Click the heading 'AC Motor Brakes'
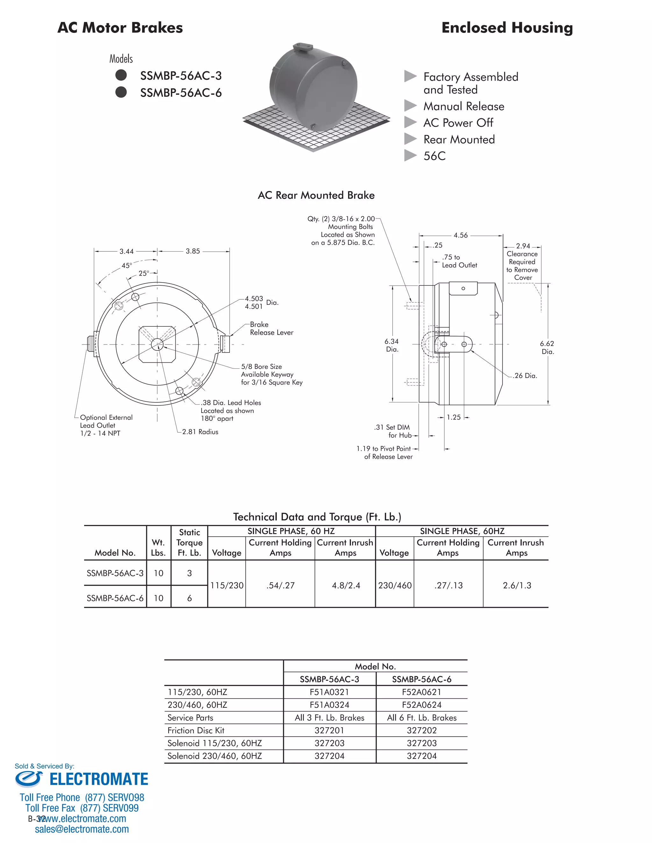(120, 28)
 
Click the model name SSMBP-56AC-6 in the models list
(181, 93)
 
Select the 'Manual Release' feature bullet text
(464, 107)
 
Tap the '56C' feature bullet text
(434, 156)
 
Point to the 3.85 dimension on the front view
(193, 251)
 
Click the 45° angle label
(127, 266)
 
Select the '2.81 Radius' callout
(200, 432)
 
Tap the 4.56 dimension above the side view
(460, 235)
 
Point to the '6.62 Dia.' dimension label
(547, 347)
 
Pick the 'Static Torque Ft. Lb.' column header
(189, 543)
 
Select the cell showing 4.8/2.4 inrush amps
(346, 586)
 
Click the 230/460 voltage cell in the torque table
(395, 586)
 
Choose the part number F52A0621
(422, 692)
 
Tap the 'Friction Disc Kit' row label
(196, 730)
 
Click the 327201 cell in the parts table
(329, 730)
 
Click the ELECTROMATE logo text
(98, 779)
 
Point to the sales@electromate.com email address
(82, 829)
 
